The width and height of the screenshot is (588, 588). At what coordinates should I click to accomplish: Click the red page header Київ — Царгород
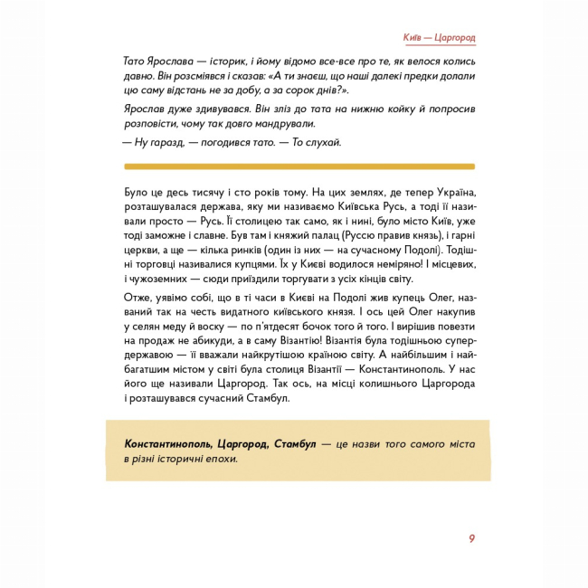tap(439, 37)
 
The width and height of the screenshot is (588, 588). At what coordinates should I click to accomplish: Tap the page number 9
tap(471, 540)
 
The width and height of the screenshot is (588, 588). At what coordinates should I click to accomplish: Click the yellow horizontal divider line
tap(298, 166)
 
